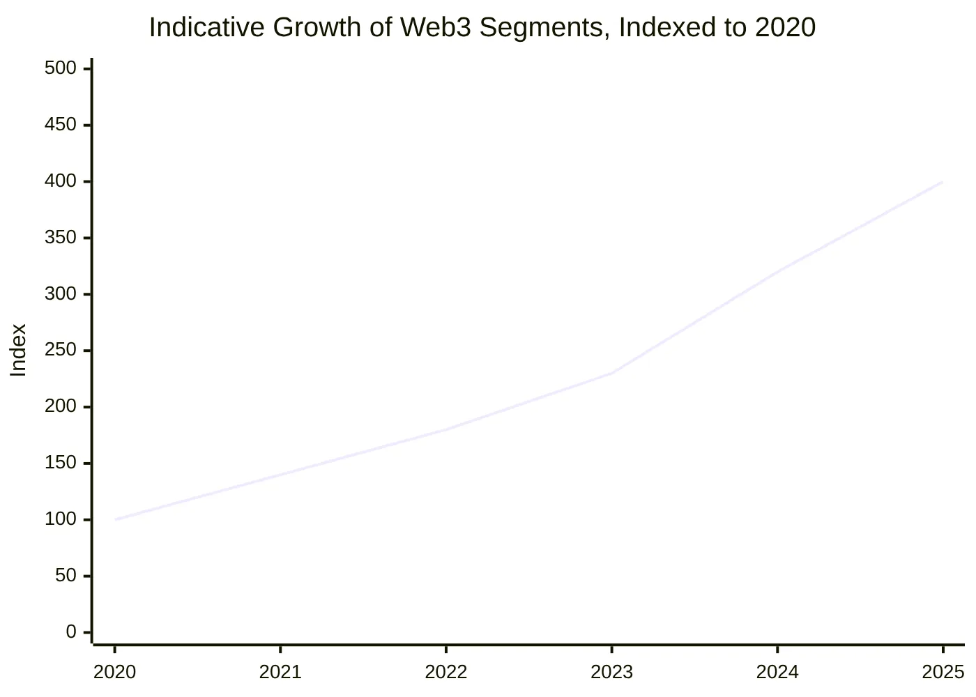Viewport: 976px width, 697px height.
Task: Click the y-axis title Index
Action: click(18, 350)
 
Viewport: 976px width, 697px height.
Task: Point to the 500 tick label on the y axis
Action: click(61, 68)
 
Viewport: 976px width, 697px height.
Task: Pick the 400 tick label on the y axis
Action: click(61, 181)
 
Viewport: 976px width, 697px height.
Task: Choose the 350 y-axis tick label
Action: click(61, 238)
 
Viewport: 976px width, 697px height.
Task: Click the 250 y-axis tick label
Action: click(61, 350)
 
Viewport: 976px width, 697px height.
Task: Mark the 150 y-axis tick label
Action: click(61, 463)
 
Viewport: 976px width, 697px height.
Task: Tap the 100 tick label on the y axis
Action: click(61, 519)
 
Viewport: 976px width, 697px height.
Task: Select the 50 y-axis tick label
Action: click(66, 576)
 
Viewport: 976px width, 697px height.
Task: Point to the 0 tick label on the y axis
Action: click(71, 632)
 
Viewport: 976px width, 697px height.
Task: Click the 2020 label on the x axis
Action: click(115, 673)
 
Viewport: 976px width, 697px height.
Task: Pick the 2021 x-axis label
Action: click(280, 673)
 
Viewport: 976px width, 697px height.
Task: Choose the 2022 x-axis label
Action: click(446, 673)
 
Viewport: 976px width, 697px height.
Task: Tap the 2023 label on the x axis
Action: click(611, 673)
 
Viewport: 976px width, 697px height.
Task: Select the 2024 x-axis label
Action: click(777, 673)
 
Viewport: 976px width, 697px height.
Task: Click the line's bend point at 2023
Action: click(611, 373)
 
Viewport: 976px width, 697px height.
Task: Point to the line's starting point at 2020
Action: click(115, 519)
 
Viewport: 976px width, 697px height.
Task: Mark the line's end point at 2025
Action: click(943, 182)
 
